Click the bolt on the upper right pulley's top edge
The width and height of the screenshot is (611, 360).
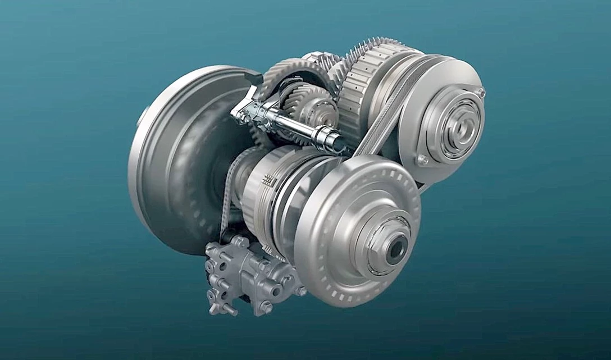(x=480, y=92)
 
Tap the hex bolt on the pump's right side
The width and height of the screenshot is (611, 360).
(x=301, y=290)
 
